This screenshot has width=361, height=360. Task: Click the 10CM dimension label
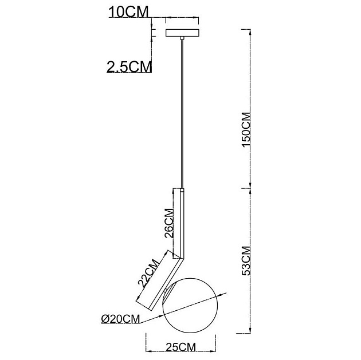[x=128, y=12]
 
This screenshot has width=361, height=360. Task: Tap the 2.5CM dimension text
[x=129, y=66]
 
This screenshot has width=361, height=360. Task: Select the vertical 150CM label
[x=246, y=129]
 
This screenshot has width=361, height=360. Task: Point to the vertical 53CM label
[x=246, y=260]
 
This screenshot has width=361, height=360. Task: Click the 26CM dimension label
[x=169, y=223]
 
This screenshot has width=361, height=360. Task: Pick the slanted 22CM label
[x=149, y=273]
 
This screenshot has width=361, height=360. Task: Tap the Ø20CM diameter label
[x=121, y=319]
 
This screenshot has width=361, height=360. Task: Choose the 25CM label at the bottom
[x=180, y=347]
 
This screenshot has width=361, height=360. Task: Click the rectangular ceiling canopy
[x=182, y=33]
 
